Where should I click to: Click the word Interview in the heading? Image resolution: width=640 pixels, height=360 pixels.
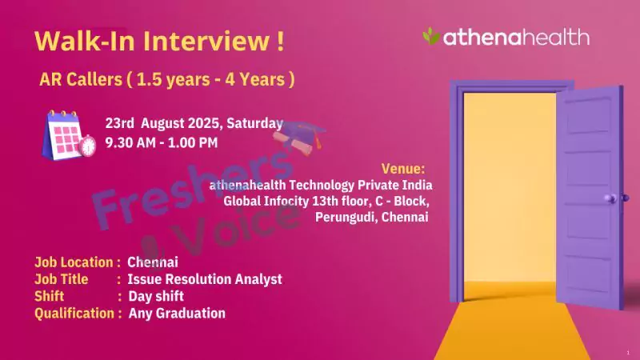tap(206, 41)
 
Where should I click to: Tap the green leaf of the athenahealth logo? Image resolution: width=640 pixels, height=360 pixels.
tap(431, 36)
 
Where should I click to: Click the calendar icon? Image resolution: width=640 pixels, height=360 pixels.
tap(66, 134)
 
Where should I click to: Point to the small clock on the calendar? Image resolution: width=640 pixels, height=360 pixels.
tap(88, 146)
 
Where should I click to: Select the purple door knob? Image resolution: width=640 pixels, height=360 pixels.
tap(610, 198)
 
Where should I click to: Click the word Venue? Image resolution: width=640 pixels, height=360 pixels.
tap(403, 169)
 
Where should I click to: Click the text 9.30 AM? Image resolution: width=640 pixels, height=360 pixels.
tap(130, 143)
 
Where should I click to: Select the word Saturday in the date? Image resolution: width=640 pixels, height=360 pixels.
tap(254, 123)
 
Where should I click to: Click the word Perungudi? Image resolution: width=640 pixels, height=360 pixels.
tap(346, 217)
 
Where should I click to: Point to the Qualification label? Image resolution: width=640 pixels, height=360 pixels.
tap(74, 314)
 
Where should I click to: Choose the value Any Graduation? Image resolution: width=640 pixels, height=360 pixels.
tap(177, 314)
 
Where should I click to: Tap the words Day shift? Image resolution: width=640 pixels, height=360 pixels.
tap(156, 296)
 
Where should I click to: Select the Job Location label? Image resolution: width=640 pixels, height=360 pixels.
tap(74, 262)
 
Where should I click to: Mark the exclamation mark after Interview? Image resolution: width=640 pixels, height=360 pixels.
tap(280, 41)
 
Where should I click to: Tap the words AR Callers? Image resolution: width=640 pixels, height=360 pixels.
tap(81, 79)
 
